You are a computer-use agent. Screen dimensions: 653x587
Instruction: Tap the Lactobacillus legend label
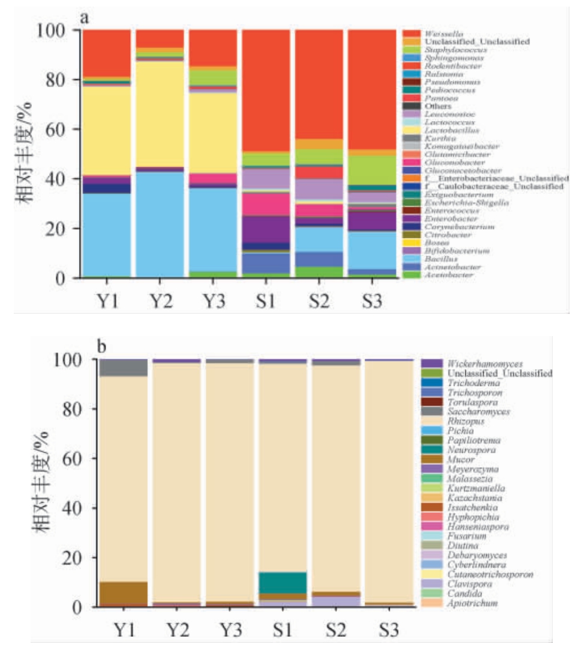coord(442,129)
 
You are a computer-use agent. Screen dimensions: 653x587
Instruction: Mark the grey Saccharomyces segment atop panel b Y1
coord(124,368)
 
